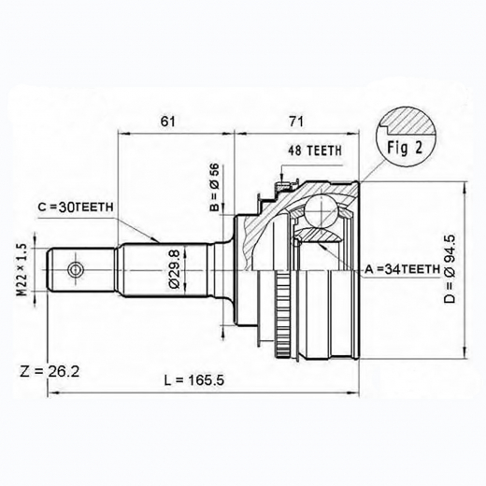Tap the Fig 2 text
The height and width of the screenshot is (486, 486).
[404, 150]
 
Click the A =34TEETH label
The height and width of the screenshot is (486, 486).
[401, 269]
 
